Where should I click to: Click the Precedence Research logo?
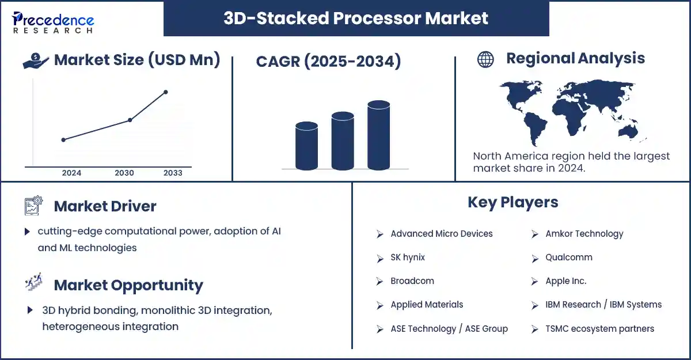[x=53, y=22]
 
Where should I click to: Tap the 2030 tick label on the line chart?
[x=124, y=173]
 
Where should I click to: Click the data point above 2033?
[x=166, y=92]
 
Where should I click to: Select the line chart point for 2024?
[x=63, y=140]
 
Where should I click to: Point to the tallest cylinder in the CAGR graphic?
[x=378, y=135]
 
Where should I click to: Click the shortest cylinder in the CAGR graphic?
[x=306, y=146]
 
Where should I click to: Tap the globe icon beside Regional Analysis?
[x=485, y=59]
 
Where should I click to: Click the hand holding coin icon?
[x=36, y=60]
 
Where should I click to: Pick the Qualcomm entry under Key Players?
[x=569, y=257]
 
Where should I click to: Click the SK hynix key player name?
[x=408, y=257]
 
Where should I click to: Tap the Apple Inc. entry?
[x=565, y=281]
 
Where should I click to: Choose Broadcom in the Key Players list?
[x=412, y=281]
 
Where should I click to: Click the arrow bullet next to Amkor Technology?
[x=534, y=234]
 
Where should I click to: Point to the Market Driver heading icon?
[x=33, y=206]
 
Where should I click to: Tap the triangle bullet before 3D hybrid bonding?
[x=30, y=310]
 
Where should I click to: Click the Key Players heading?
[x=512, y=203]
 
